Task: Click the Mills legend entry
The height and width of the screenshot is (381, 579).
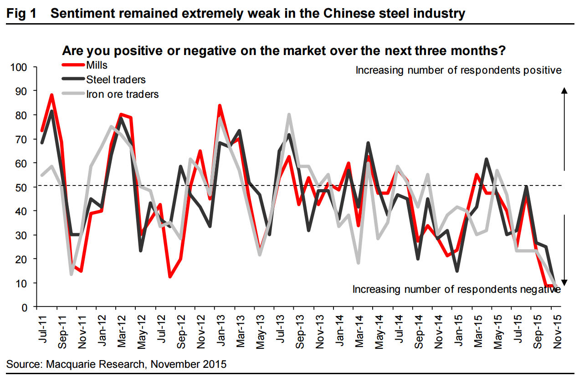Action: point(97,65)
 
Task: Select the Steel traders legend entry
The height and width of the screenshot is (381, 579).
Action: point(116,80)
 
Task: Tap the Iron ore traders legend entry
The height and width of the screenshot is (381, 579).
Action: point(123,94)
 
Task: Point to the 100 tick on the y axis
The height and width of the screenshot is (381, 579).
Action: point(20,67)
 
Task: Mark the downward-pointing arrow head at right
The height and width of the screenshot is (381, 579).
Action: point(564,282)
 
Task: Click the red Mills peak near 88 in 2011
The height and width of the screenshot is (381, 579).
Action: point(51,95)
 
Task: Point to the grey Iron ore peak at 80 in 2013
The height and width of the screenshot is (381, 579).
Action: point(289,115)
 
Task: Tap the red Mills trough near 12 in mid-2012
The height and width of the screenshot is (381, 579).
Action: point(170,276)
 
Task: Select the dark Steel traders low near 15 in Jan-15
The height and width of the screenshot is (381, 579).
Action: point(456,271)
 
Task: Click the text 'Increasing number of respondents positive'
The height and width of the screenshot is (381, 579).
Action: point(458,70)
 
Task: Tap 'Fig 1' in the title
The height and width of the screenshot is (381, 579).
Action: point(22,13)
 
